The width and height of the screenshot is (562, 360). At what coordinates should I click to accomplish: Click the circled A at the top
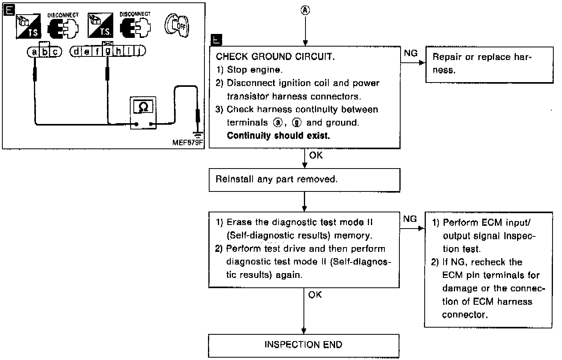305,11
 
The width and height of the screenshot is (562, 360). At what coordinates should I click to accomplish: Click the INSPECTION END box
303,345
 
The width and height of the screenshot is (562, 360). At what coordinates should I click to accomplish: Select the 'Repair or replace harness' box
489,64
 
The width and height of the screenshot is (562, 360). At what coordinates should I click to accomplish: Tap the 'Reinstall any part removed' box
304,180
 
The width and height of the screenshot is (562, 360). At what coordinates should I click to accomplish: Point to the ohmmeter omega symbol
143,107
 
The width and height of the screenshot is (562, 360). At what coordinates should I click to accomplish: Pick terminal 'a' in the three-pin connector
35,52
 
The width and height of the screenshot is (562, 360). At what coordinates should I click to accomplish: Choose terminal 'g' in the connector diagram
107,51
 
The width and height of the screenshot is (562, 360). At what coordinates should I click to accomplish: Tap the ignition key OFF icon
177,26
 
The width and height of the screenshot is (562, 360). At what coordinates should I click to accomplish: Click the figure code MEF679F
188,142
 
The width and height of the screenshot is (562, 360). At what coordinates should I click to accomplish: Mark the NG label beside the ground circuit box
410,53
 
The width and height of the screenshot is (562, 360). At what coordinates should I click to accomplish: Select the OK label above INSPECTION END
315,294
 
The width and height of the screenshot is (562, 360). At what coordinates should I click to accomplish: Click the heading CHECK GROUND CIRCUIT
275,56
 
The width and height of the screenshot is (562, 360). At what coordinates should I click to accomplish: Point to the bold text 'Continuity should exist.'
278,136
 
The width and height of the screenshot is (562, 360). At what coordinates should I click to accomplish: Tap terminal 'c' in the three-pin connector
56,52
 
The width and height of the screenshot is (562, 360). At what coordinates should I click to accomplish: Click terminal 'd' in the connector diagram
76,51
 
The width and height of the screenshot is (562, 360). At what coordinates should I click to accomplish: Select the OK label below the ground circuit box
316,156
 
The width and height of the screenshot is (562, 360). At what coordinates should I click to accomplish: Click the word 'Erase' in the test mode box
239,222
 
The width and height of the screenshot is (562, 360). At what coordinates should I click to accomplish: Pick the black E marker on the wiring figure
9,10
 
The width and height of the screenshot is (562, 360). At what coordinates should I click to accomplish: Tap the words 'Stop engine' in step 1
255,70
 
